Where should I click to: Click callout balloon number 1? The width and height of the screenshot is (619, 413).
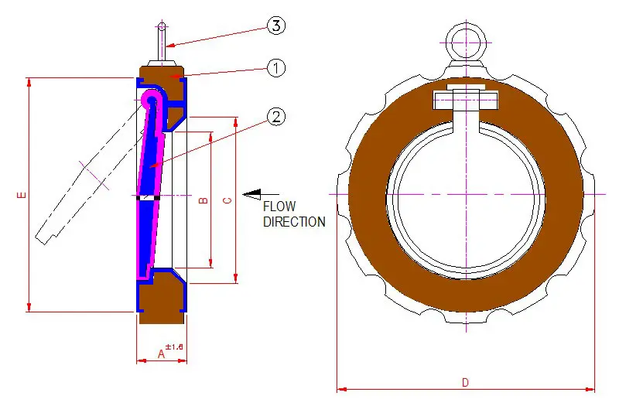[276, 68]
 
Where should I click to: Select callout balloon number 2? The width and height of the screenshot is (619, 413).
[276, 117]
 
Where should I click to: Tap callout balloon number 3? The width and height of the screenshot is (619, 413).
[276, 26]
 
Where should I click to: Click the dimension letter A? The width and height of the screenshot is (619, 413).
[161, 353]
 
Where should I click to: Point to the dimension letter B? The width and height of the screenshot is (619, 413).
[203, 200]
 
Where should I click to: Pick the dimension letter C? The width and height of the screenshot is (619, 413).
[227, 200]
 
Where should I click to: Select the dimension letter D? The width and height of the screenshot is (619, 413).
[465, 382]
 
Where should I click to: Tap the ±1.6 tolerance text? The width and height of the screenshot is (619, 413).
[174, 347]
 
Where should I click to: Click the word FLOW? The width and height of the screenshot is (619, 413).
[280, 207]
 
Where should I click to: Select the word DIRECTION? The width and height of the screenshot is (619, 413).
[294, 222]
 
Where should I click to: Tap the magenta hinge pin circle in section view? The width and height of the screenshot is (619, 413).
[149, 99]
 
